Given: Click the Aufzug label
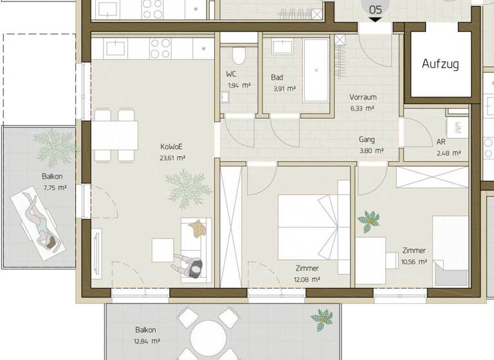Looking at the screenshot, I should click(x=440, y=64).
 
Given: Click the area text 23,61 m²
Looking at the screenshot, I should click(x=173, y=157).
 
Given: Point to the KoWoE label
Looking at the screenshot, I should click(x=171, y=146).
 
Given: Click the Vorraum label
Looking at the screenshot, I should click(x=363, y=98).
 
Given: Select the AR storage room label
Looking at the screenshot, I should click(x=441, y=142).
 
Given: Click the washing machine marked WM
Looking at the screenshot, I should click(x=457, y=127).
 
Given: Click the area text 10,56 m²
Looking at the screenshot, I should click(x=414, y=262).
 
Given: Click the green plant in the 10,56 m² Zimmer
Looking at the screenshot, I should click(x=369, y=222).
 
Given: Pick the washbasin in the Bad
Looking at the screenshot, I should click(x=282, y=47).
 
